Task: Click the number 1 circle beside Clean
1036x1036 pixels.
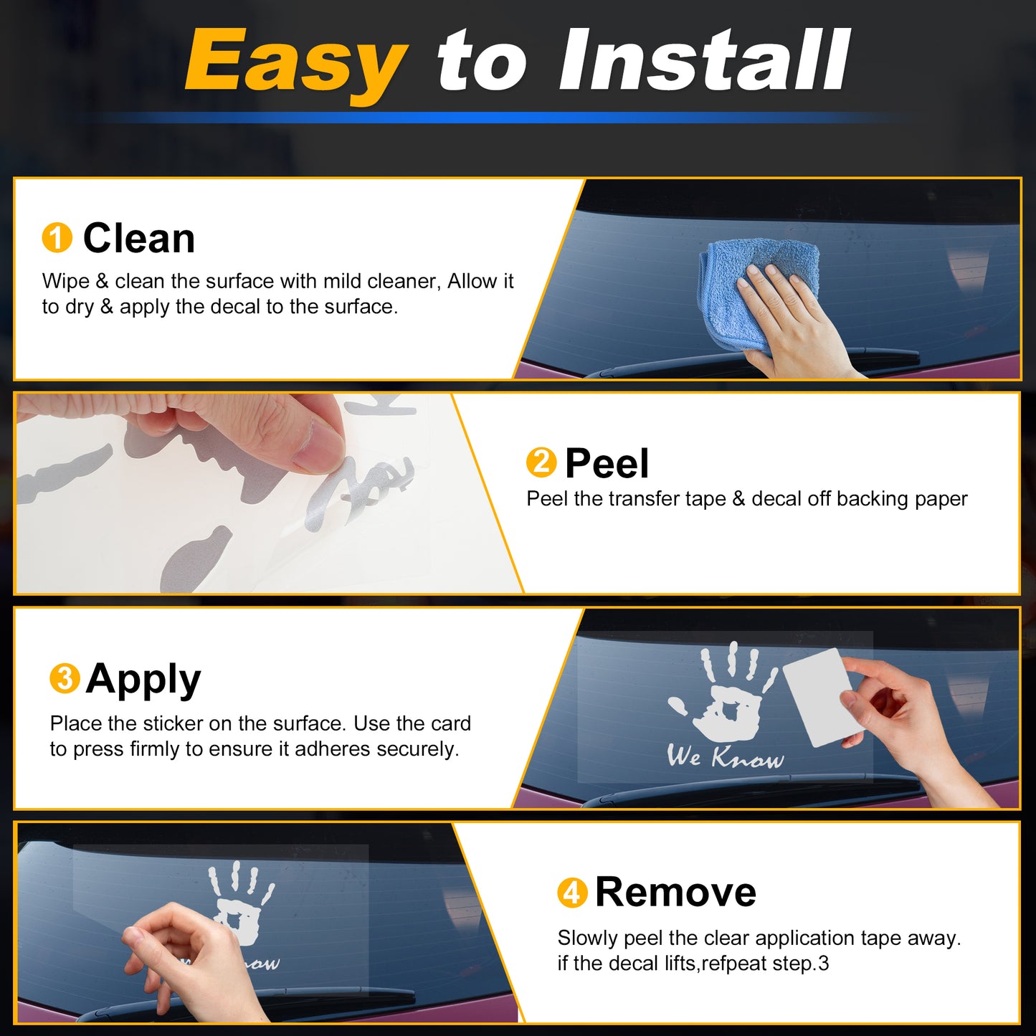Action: [57, 237]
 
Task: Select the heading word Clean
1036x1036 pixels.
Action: [139, 238]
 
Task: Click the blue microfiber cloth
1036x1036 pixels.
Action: [758, 293]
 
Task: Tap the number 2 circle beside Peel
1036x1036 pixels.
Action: [541, 462]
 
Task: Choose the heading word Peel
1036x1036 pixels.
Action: [607, 463]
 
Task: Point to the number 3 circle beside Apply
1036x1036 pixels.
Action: [65, 678]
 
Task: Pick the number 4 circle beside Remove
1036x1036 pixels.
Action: [572, 893]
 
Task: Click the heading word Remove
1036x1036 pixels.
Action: [676, 893]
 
